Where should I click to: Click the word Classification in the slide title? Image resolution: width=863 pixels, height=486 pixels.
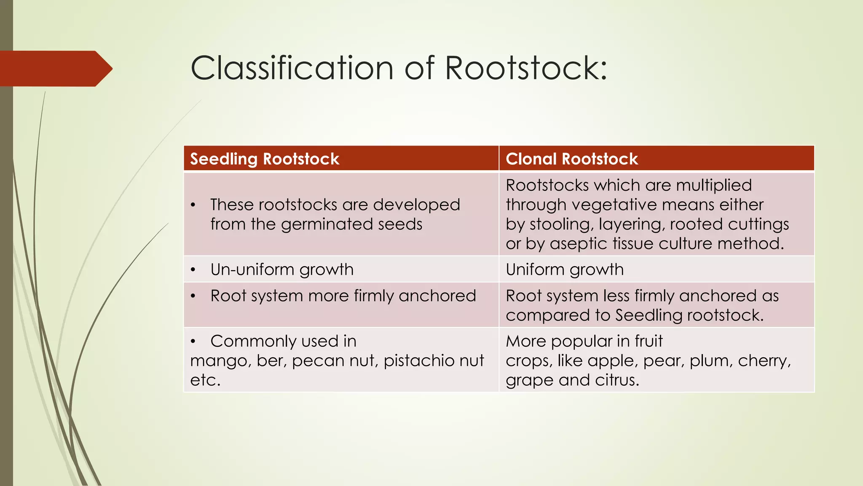click(292, 68)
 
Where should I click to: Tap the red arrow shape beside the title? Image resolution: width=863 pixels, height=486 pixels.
click(55, 68)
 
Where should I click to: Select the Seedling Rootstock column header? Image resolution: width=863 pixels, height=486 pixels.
click(265, 159)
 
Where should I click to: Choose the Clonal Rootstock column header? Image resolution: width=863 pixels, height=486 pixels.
click(572, 159)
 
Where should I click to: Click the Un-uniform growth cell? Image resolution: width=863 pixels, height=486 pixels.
click(282, 270)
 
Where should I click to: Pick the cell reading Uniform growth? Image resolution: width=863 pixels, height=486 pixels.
click(565, 270)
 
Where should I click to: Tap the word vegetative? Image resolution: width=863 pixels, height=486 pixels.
click(614, 205)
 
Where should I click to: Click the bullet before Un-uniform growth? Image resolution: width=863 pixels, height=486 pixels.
click(193, 270)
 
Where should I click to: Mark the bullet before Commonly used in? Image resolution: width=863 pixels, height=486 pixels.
click(193, 341)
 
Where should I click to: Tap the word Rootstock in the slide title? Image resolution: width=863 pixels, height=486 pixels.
click(525, 68)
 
